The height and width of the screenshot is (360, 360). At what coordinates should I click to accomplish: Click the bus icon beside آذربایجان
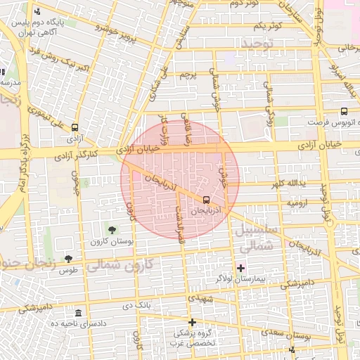(205, 200)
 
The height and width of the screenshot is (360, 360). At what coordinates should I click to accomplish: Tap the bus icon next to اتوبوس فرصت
(344, 111)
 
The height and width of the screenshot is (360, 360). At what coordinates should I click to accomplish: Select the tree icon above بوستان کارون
(112, 229)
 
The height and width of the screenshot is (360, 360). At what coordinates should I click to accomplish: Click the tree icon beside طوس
(68, 259)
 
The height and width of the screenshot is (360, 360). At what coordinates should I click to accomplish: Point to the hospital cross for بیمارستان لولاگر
(241, 268)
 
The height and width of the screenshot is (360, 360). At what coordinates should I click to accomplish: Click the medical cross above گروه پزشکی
(192, 321)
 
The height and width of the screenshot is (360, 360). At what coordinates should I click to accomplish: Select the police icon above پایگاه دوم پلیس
(37, 12)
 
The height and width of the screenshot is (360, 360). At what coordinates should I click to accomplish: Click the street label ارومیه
(295, 202)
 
